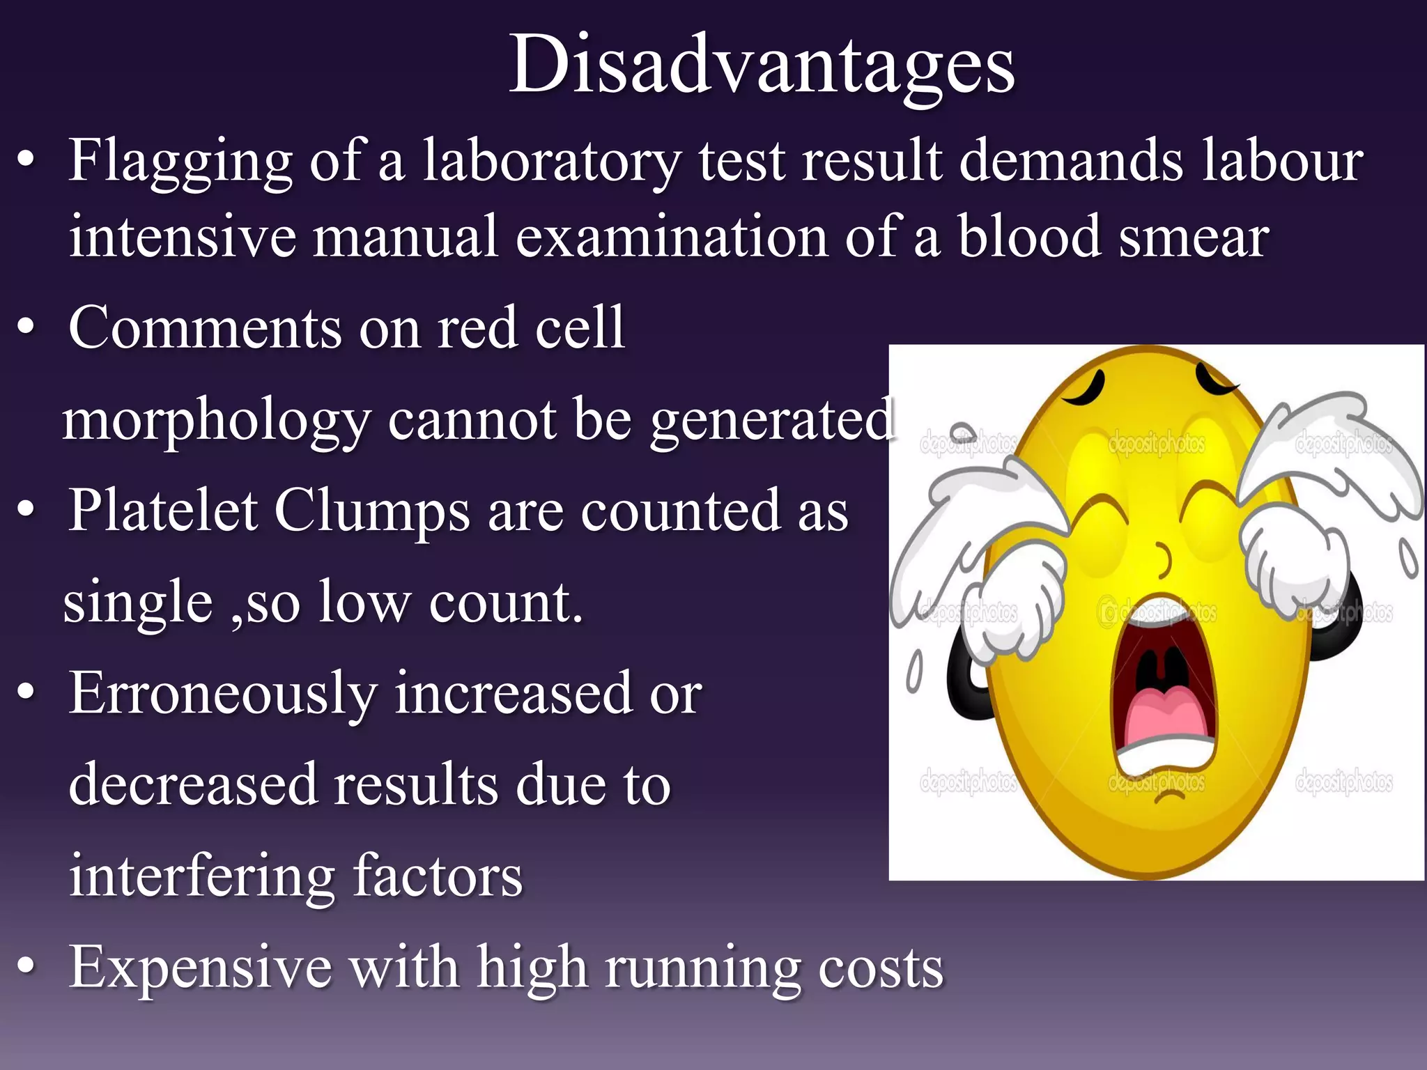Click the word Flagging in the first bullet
[x=180, y=162]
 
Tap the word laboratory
[x=551, y=162]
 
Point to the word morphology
[x=215, y=421]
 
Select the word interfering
[x=202, y=877]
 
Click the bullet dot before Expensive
[x=26, y=966]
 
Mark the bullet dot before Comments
[x=26, y=327]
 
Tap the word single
[x=138, y=603]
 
